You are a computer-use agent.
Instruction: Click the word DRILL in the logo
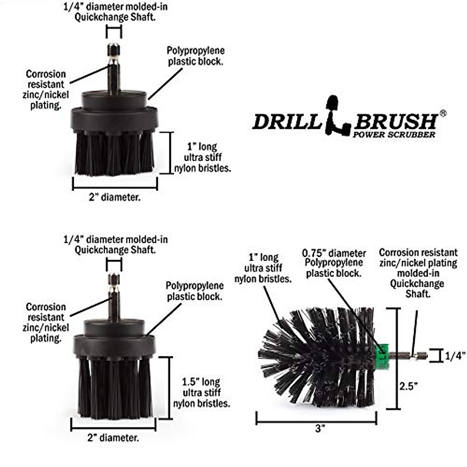tap(287, 122)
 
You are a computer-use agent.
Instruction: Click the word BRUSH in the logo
tap(395, 122)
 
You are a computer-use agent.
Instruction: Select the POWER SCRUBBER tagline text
tap(394, 135)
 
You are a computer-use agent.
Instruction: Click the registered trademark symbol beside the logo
tap(443, 113)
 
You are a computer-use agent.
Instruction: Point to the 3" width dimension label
tap(320, 429)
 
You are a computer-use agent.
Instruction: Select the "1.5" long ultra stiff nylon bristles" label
tap(201, 392)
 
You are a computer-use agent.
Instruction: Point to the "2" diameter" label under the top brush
tap(114, 197)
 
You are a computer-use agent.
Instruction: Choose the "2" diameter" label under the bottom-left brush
tap(113, 438)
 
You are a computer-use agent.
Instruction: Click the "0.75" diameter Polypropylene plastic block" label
tap(334, 263)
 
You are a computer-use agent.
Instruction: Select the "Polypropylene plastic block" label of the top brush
tap(195, 56)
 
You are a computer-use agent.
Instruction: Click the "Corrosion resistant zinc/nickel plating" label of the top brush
tap(46, 90)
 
